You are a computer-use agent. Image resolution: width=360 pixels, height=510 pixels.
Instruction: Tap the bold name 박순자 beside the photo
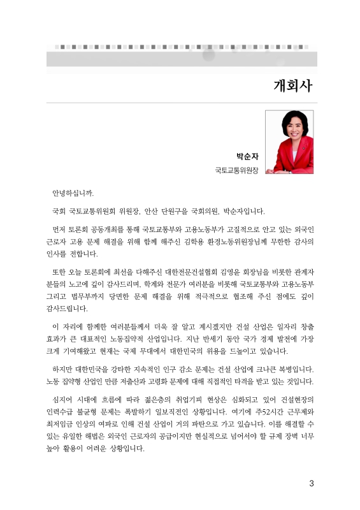click(247, 156)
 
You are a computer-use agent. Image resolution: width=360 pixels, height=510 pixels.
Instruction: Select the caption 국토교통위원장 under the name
click(237, 170)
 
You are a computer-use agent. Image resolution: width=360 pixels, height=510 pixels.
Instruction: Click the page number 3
click(312, 483)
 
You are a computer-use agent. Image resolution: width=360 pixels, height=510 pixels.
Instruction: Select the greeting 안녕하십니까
click(76, 193)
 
